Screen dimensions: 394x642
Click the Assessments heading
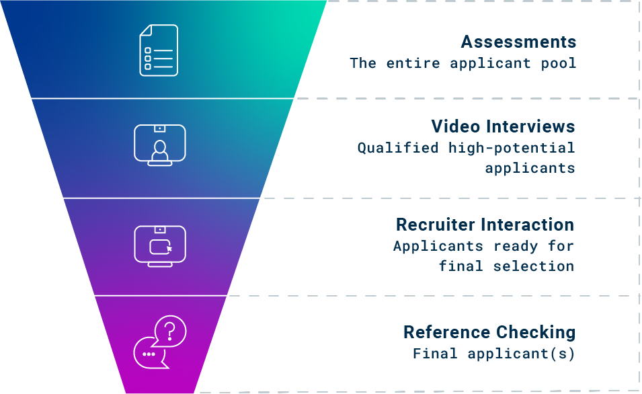coord(518,42)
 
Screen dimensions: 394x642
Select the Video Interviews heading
coord(503,126)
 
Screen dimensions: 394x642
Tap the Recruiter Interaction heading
coord(485,225)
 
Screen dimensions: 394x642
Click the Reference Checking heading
coord(489,332)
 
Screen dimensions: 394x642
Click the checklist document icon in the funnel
coord(159,50)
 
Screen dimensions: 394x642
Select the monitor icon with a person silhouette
coord(159,145)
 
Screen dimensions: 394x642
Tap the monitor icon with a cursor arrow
coord(160,246)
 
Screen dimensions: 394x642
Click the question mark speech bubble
coord(170,330)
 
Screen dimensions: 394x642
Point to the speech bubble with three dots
coord(149,354)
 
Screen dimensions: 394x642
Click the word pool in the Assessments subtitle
coord(559,63)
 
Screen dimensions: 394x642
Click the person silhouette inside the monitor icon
coord(159,151)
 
